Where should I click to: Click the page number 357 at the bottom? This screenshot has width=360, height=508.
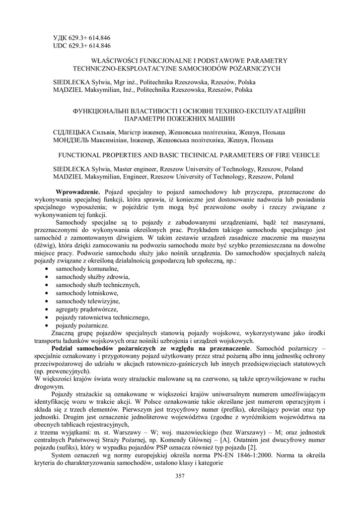pyautogui.click(x=180, y=477)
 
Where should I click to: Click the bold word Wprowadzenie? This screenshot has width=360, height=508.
pyautogui.click(x=78, y=191)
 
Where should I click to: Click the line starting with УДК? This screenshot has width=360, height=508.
pyautogui.click(x=81, y=38)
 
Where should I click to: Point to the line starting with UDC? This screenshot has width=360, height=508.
pyautogui.click(x=81, y=46)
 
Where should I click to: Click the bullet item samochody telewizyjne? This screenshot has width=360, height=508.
pyautogui.click(x=80, y=301)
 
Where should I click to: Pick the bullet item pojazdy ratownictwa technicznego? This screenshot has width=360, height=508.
pyautogui.click(x=102, y=317)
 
